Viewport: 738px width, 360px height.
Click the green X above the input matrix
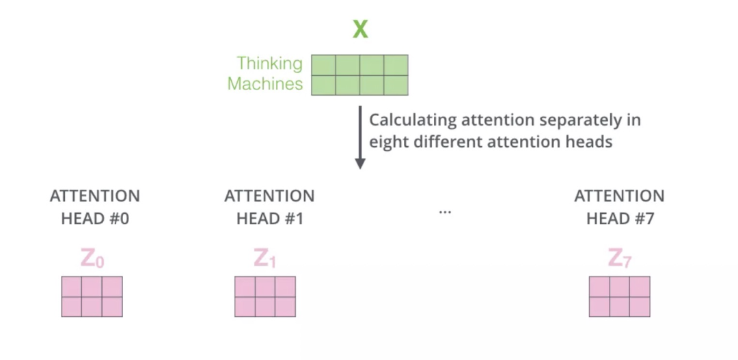tap(360, 29)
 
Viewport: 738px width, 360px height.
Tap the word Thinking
tap(269, 64)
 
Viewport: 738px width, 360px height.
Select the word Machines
tap(265, 84)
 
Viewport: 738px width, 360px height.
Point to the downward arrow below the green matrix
tap(360, 137)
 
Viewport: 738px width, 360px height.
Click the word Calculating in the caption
tap(412, 121)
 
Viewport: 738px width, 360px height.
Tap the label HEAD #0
tap(94, 219)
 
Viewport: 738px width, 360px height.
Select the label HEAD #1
tap(269, 219)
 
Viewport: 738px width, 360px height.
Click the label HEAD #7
tap(619, 219)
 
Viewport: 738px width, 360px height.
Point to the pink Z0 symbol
tap(92, 259)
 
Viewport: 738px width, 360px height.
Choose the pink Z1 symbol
tap(265, 259)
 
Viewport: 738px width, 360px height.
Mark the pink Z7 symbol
tap(619, 259)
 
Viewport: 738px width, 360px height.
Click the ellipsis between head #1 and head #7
tap(445, 212)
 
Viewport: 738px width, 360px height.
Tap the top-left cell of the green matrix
tap(324, 65)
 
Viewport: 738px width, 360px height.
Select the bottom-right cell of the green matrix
tap(396, 85)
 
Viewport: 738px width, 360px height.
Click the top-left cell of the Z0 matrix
tap(72, 286)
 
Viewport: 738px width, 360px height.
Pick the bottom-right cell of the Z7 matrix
tap(640, 307)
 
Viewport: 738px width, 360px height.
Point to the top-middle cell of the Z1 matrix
tap(265, 286)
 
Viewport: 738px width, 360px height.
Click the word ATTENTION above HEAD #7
tap(619, 196)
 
